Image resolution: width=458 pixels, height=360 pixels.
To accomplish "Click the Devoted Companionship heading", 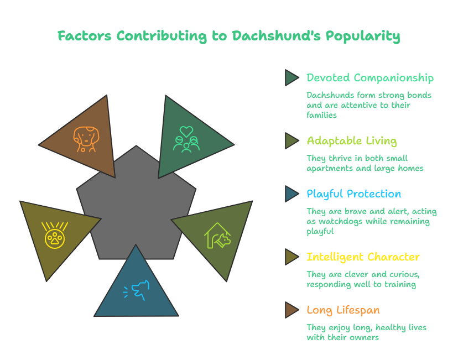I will [x=370, y=78].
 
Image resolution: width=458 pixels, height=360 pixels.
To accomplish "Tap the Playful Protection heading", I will [x=353, y=194].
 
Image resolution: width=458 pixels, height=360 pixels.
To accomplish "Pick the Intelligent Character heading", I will [x=363, y=257].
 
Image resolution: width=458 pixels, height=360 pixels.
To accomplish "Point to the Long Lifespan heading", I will [x=343, y=310].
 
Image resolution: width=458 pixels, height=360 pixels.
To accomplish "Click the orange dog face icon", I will [x=85, y=139].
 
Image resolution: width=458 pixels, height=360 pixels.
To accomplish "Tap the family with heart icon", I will [x=186, y=139].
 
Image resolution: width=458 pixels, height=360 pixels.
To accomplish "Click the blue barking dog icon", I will [x=136, y=290].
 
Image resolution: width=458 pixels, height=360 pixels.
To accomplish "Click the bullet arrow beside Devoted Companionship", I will [x=292, y=77].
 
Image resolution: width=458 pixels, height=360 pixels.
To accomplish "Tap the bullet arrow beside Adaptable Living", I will [x=292, y=140].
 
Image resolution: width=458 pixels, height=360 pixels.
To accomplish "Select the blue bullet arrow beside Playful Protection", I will [x=292, y=194].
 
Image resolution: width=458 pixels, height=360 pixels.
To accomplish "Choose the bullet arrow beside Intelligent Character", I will [x=292, y=257].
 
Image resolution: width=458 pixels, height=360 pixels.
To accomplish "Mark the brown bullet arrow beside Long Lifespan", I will [x=292, y=310].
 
